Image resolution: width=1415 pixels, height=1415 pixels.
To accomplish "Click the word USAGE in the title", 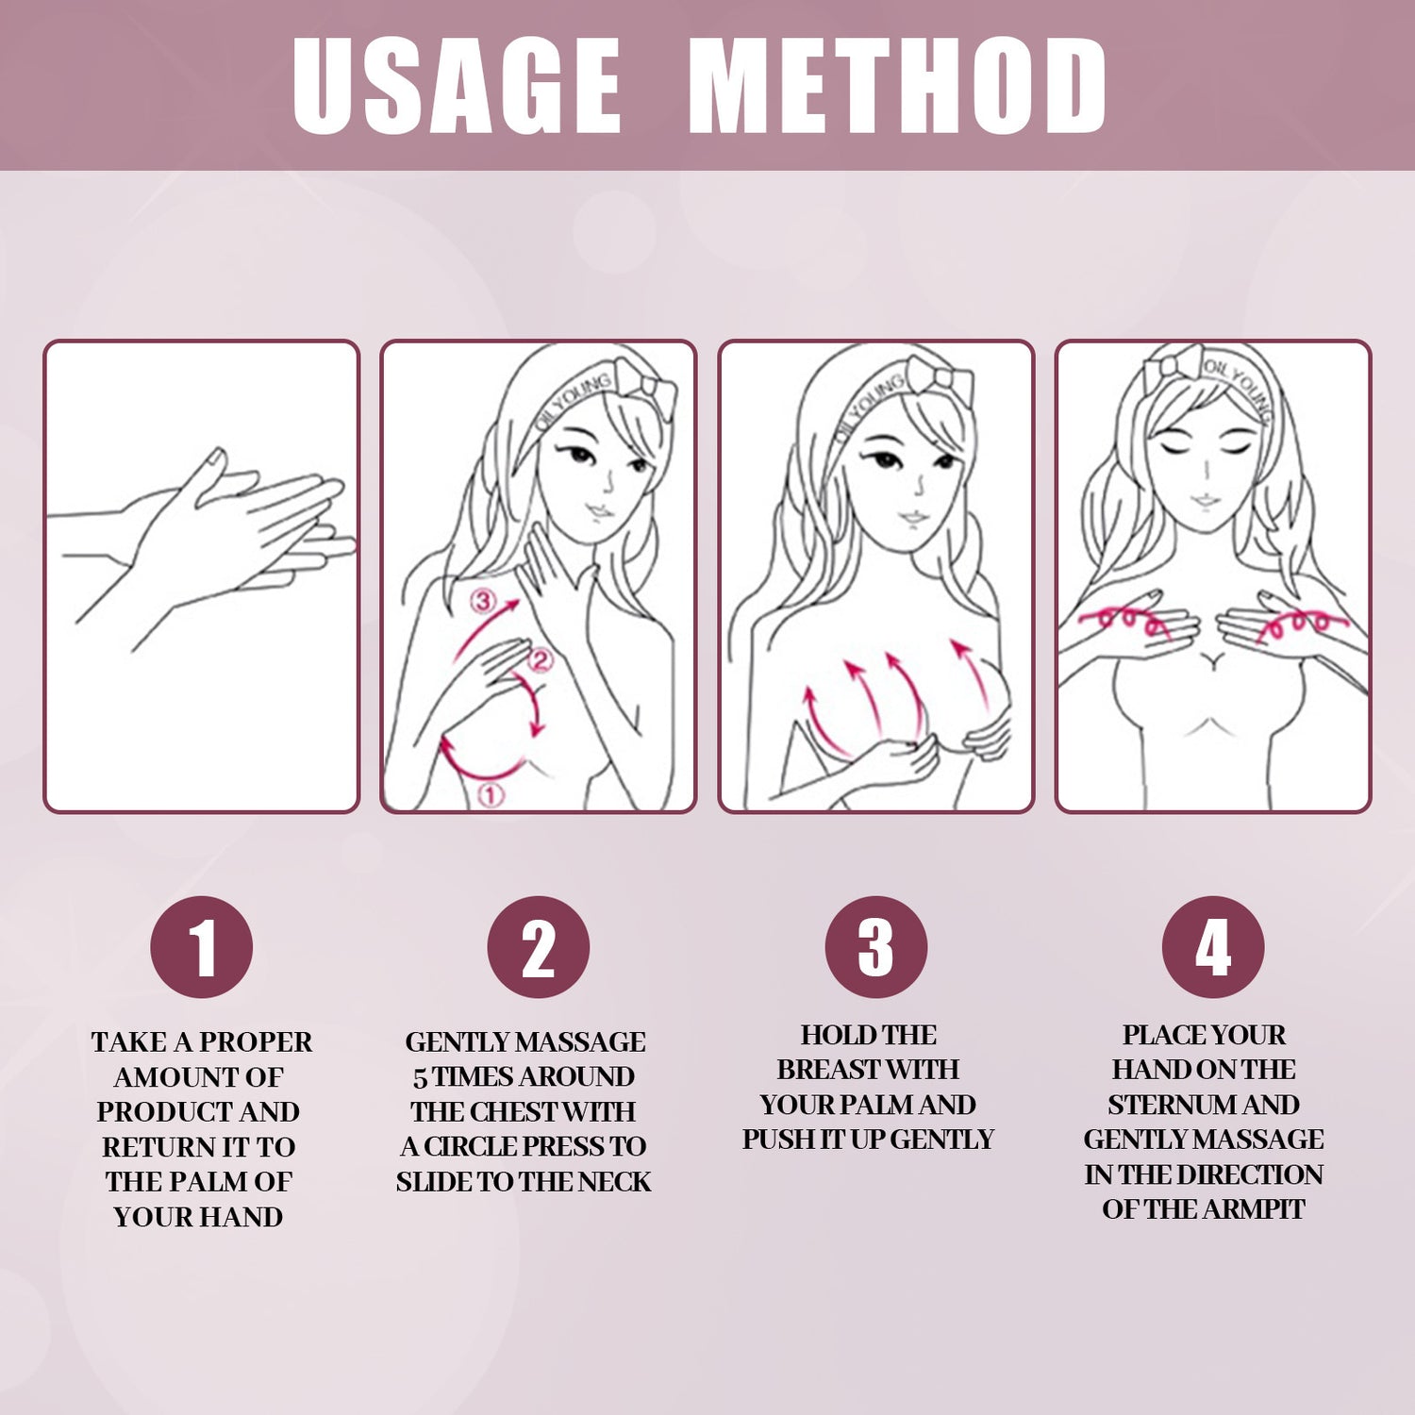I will tap(457, 87).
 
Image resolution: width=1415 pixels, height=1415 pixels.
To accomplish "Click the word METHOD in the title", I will tap(897, 87).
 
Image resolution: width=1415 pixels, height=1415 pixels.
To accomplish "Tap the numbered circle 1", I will tap(202, 947).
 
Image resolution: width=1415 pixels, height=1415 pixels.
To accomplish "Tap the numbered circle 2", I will tap(539, 947).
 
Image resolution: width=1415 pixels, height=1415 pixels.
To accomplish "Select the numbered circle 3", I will tap(876, 947).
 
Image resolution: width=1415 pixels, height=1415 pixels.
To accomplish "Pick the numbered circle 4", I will tap(1213, 947).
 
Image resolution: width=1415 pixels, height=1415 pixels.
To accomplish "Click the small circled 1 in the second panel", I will tap(491, 795).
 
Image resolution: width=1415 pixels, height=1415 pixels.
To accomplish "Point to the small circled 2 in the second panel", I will tap(540, 660).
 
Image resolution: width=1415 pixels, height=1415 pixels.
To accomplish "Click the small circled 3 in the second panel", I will tap(483, 601).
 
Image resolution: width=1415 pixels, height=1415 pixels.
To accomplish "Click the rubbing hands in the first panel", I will tap(236, 538).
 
